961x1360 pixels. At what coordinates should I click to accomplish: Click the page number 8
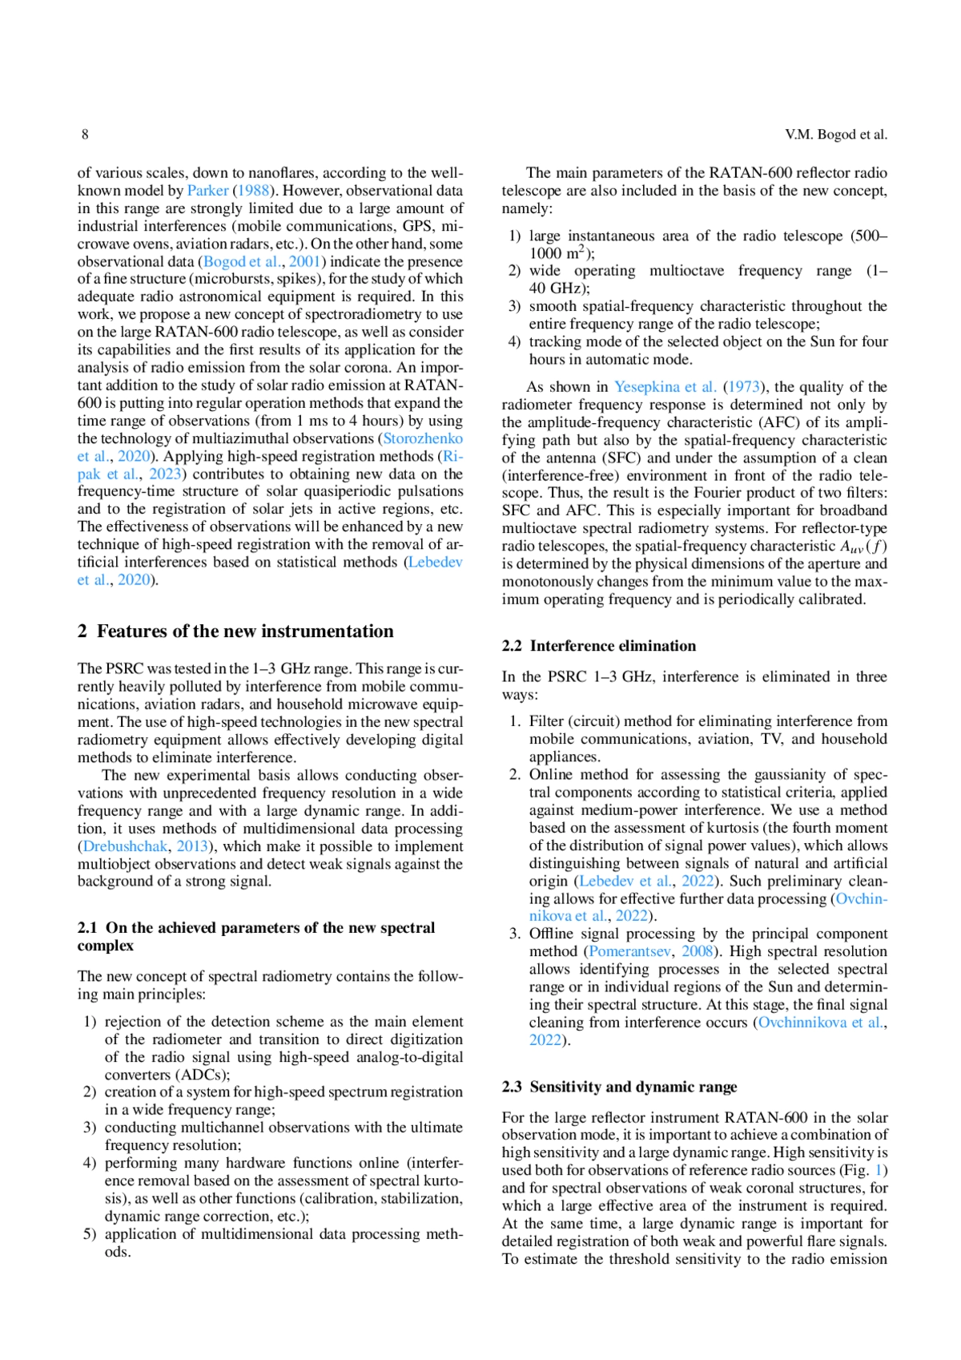point(85,135)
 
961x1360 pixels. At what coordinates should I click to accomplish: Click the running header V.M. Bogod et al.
point(835,135)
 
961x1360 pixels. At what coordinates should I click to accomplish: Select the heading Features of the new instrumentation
point(245,632)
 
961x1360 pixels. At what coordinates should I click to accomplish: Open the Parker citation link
point(207,191)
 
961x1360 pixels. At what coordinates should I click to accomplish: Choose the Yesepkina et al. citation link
point(665,387)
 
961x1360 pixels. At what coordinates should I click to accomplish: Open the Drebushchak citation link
point(125,846)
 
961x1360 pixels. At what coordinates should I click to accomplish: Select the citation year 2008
point(697,951)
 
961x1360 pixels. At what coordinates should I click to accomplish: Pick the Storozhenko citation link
point(423,438)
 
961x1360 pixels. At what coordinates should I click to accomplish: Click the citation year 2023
point(165,474)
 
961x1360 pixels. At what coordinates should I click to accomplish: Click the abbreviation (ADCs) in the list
point(203,1075)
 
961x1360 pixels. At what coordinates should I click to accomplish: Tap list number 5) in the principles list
point(90,1234)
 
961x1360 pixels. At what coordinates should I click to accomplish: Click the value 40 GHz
point(558,289)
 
